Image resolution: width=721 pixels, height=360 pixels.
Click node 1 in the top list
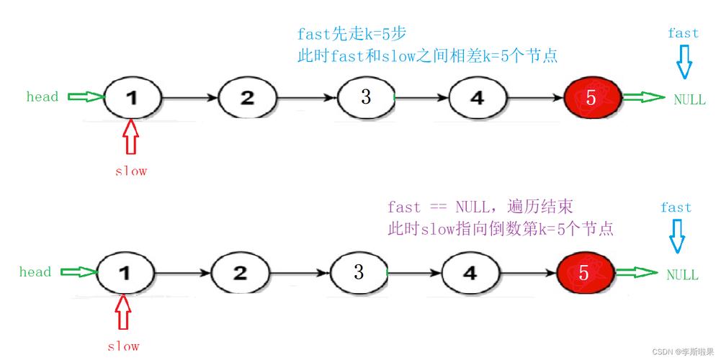(x=132, y=97)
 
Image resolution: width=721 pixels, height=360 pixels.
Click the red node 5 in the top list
(x=591, y=99)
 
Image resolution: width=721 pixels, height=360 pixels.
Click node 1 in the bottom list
(x=125, y=273)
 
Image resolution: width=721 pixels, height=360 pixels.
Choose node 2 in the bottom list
(x=240, y=273)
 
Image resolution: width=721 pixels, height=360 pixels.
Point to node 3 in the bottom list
(x=359, y=272)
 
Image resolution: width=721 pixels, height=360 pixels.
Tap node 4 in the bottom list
(x=470, y=273)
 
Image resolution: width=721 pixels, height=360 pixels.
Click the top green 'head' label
(x=42, y=96)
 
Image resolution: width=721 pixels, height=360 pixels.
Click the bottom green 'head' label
(x=35, y=272)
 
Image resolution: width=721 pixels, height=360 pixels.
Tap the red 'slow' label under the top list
(x=131, y=171)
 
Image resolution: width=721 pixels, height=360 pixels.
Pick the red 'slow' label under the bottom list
(x=124, y=346)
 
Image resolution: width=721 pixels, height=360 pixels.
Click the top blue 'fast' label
(x=683, y=33)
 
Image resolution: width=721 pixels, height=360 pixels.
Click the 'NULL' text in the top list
(x=689, y=100)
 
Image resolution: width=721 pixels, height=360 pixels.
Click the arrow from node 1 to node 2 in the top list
(x=189, y=97)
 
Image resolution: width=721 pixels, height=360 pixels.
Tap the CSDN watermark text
(x=683, y=351)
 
